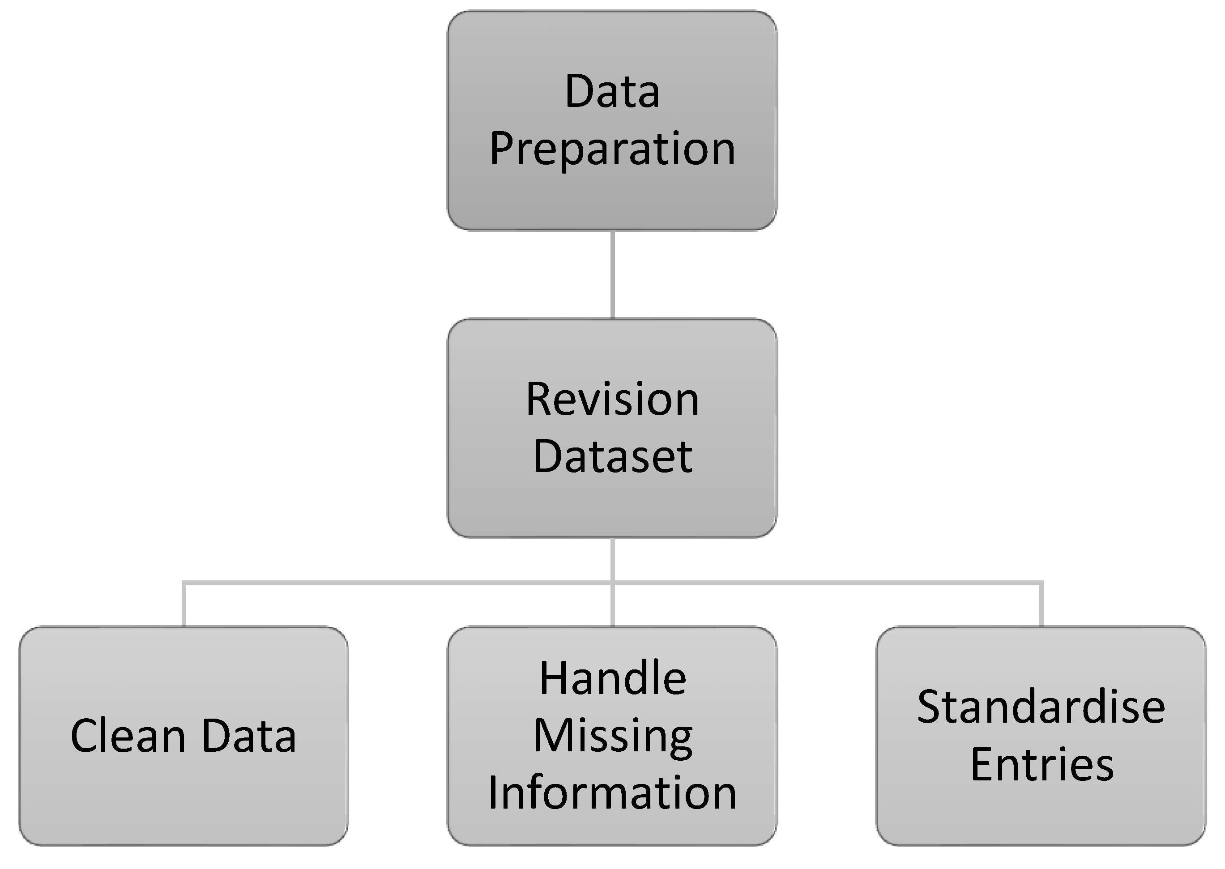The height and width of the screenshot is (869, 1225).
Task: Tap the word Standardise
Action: pos(1041,707)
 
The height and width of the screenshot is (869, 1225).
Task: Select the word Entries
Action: pos(1041,765)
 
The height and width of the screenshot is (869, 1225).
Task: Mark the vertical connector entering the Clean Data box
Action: pos(184,605)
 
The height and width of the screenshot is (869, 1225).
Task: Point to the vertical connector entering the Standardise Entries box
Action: pos(1041,605)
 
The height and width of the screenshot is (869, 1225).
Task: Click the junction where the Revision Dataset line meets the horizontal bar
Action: pos(612,582)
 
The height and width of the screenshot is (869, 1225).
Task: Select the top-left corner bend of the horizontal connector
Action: pos(184,583)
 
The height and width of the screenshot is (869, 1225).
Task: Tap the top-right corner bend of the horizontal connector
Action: pos(1041,583)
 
